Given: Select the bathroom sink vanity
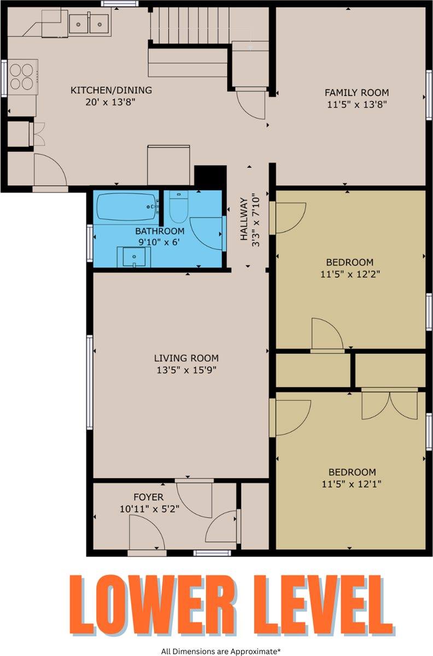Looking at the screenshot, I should click(133, 256).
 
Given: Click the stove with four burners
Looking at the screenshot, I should click(21, 77).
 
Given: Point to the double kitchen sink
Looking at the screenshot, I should click(89, 22).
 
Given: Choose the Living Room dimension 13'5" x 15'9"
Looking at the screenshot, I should click(186, 370).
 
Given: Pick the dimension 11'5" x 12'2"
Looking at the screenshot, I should click(350, 274).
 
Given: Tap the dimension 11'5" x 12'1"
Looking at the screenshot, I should click(352, 484).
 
